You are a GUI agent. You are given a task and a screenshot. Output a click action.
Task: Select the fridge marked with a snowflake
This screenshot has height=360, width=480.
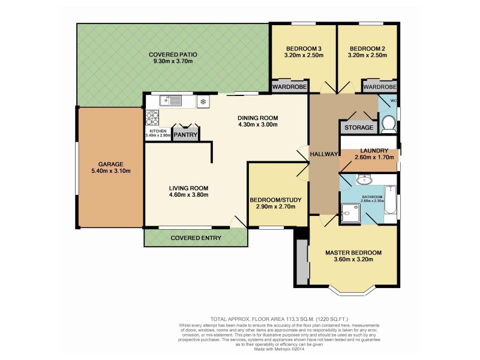(203, 101)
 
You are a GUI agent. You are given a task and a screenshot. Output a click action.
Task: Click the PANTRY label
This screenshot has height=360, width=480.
(186, 136)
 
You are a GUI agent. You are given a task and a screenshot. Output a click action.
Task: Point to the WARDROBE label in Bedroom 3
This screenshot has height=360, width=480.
(290, 88)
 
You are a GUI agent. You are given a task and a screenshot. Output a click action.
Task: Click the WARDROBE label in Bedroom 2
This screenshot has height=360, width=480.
(380, 88)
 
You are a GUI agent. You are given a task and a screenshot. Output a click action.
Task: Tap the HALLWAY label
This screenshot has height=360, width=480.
(324, 154)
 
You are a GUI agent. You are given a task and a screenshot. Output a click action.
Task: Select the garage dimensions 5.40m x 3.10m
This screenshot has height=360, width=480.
(111, 172)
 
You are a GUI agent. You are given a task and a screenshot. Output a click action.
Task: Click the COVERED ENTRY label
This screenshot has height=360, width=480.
(196, 238)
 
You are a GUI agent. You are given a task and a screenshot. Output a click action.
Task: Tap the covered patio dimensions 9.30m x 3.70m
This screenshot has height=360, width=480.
(173, 62)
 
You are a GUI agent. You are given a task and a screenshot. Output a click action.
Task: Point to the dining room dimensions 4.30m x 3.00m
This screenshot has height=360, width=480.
(258, 125)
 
